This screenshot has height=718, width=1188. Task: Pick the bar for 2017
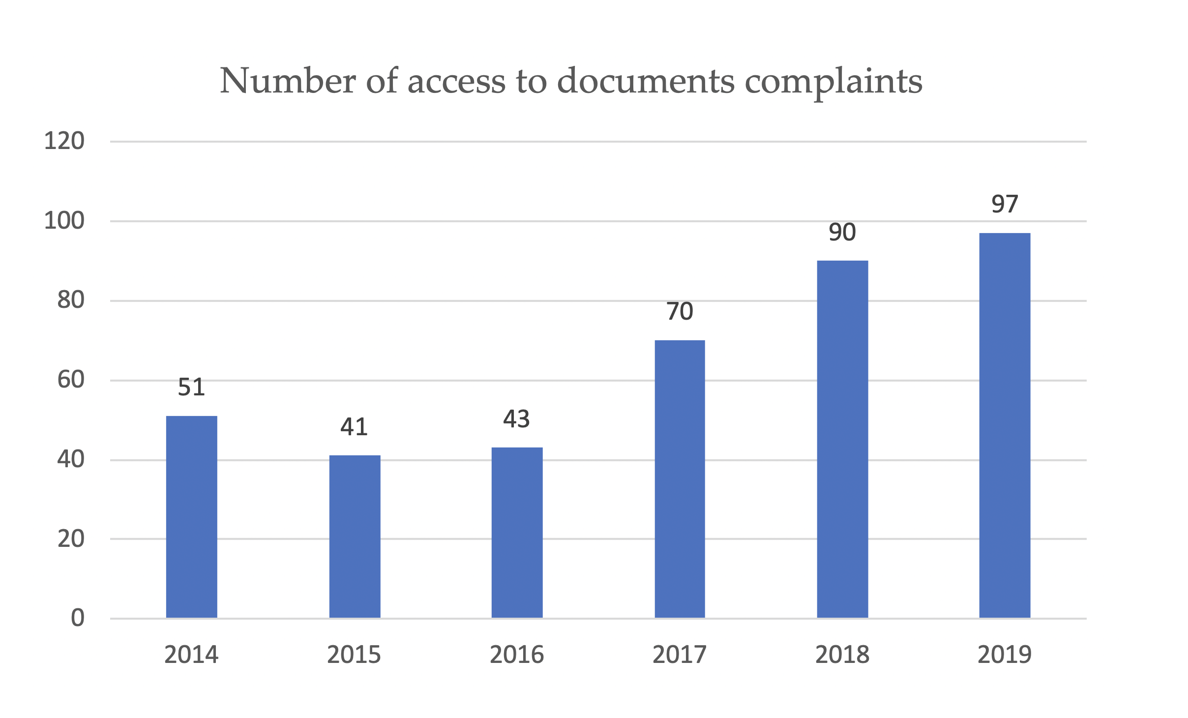point(680,479)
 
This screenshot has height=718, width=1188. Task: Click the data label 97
point(1005,204)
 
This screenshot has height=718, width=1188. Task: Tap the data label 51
point(191,388)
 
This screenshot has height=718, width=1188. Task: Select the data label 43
point(516,419)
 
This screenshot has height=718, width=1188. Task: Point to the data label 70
point(680,312)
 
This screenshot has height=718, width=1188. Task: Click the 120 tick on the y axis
point(64,142)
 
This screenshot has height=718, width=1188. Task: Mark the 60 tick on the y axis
point(71,380)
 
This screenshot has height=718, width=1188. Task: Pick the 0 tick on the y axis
point(78,618)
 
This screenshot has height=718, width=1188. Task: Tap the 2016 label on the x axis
point(517,655)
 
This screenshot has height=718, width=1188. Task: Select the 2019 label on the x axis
point(1005,655)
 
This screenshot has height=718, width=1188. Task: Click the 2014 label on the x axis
point(191,655)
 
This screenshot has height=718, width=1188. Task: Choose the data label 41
point(354,427)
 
